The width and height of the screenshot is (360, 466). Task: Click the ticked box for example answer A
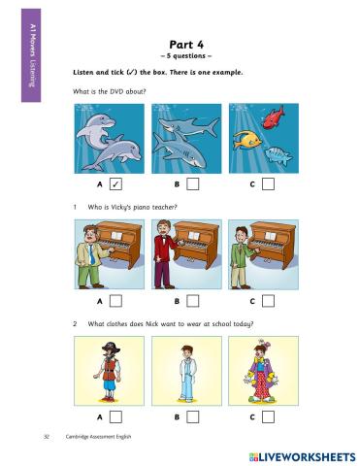point(115,184)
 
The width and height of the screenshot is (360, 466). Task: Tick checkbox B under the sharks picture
point(193,184)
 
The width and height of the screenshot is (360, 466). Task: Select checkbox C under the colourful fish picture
point(268,184)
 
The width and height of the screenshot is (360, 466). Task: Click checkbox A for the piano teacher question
point(115,301)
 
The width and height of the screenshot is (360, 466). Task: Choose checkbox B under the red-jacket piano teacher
point(193,301)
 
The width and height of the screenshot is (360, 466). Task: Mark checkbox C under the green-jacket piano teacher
point(268,301)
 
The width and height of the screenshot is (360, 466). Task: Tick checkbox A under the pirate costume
point(115,416)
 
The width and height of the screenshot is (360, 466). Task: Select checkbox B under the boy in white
point(193,416)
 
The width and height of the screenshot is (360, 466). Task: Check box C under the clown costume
point(268,416)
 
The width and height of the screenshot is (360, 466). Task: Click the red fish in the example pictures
point(274,117)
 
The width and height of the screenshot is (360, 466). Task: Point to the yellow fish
point(247,140)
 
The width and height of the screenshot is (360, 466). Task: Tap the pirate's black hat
point(111,349)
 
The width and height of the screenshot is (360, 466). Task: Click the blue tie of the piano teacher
point(92,254)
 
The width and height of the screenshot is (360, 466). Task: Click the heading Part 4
point(186,45)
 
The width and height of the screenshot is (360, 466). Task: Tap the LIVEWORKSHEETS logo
point(302,457)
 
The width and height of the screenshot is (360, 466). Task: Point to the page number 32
point(47,437)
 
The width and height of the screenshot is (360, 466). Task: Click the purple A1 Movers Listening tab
point(31,55)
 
